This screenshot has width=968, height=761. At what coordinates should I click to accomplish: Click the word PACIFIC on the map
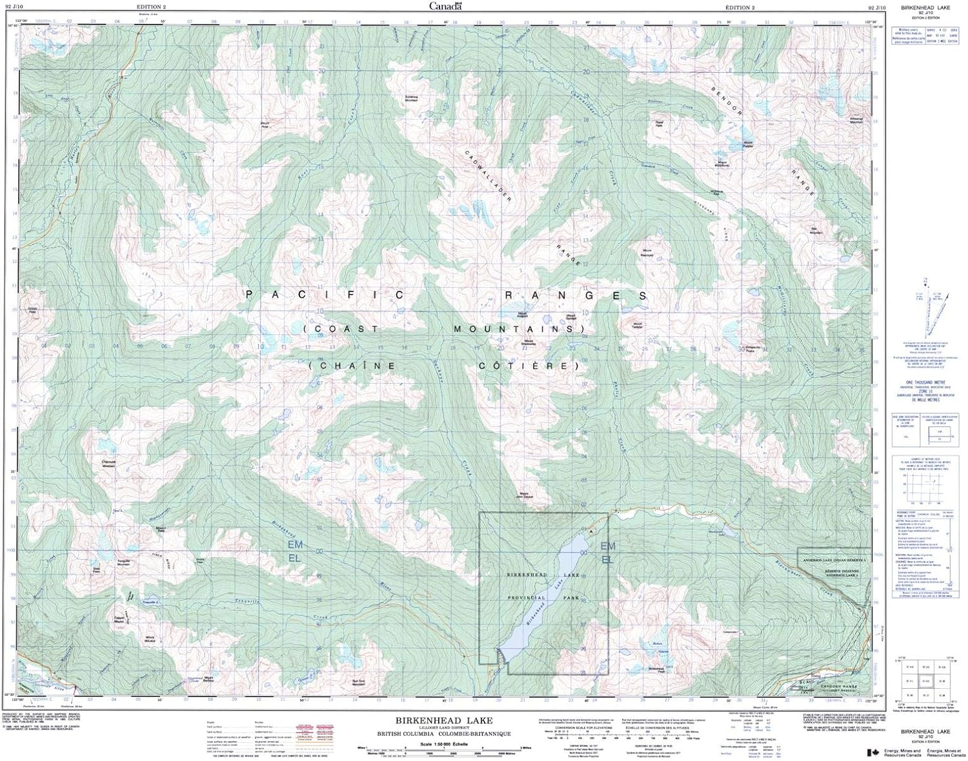pos(325,295)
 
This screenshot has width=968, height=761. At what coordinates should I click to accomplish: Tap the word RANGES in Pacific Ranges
pos(576,295)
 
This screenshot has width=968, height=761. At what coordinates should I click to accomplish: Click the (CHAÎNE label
pos(353,366)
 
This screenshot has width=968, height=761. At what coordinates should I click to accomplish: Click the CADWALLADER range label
pos(489,175)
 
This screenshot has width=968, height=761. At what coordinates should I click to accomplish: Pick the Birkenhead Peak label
pos(656,669)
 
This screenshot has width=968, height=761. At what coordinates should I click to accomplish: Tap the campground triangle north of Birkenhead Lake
pos(589,529)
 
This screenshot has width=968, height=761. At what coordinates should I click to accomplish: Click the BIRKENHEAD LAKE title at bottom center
pos(445,720)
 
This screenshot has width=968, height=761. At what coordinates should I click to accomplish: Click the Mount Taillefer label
pos(638,325)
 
